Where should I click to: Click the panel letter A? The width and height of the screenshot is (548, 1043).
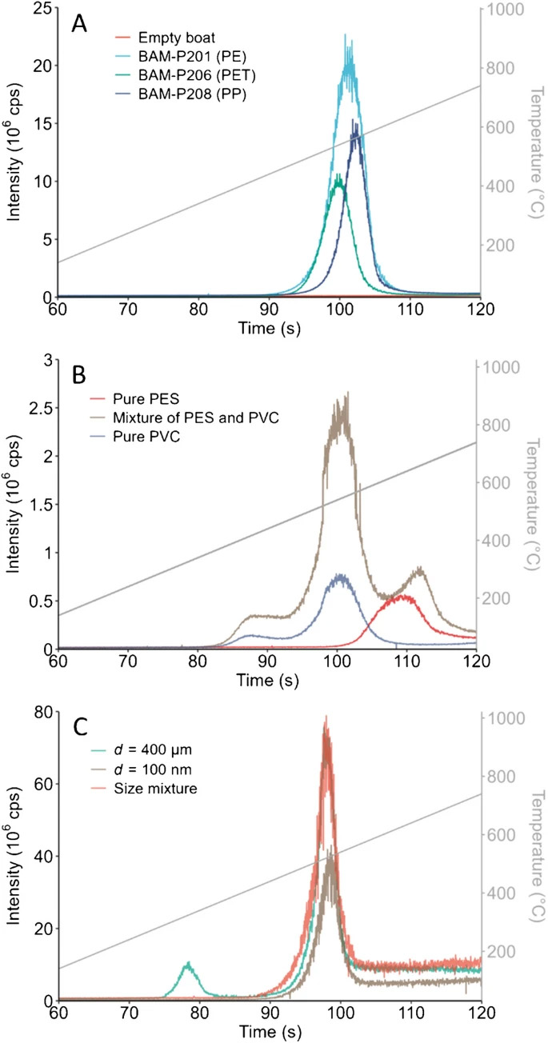coord(79,24)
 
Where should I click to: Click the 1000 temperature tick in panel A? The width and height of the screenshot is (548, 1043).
coord(502,9)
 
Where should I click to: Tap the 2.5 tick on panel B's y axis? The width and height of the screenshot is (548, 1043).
coord(37,410)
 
